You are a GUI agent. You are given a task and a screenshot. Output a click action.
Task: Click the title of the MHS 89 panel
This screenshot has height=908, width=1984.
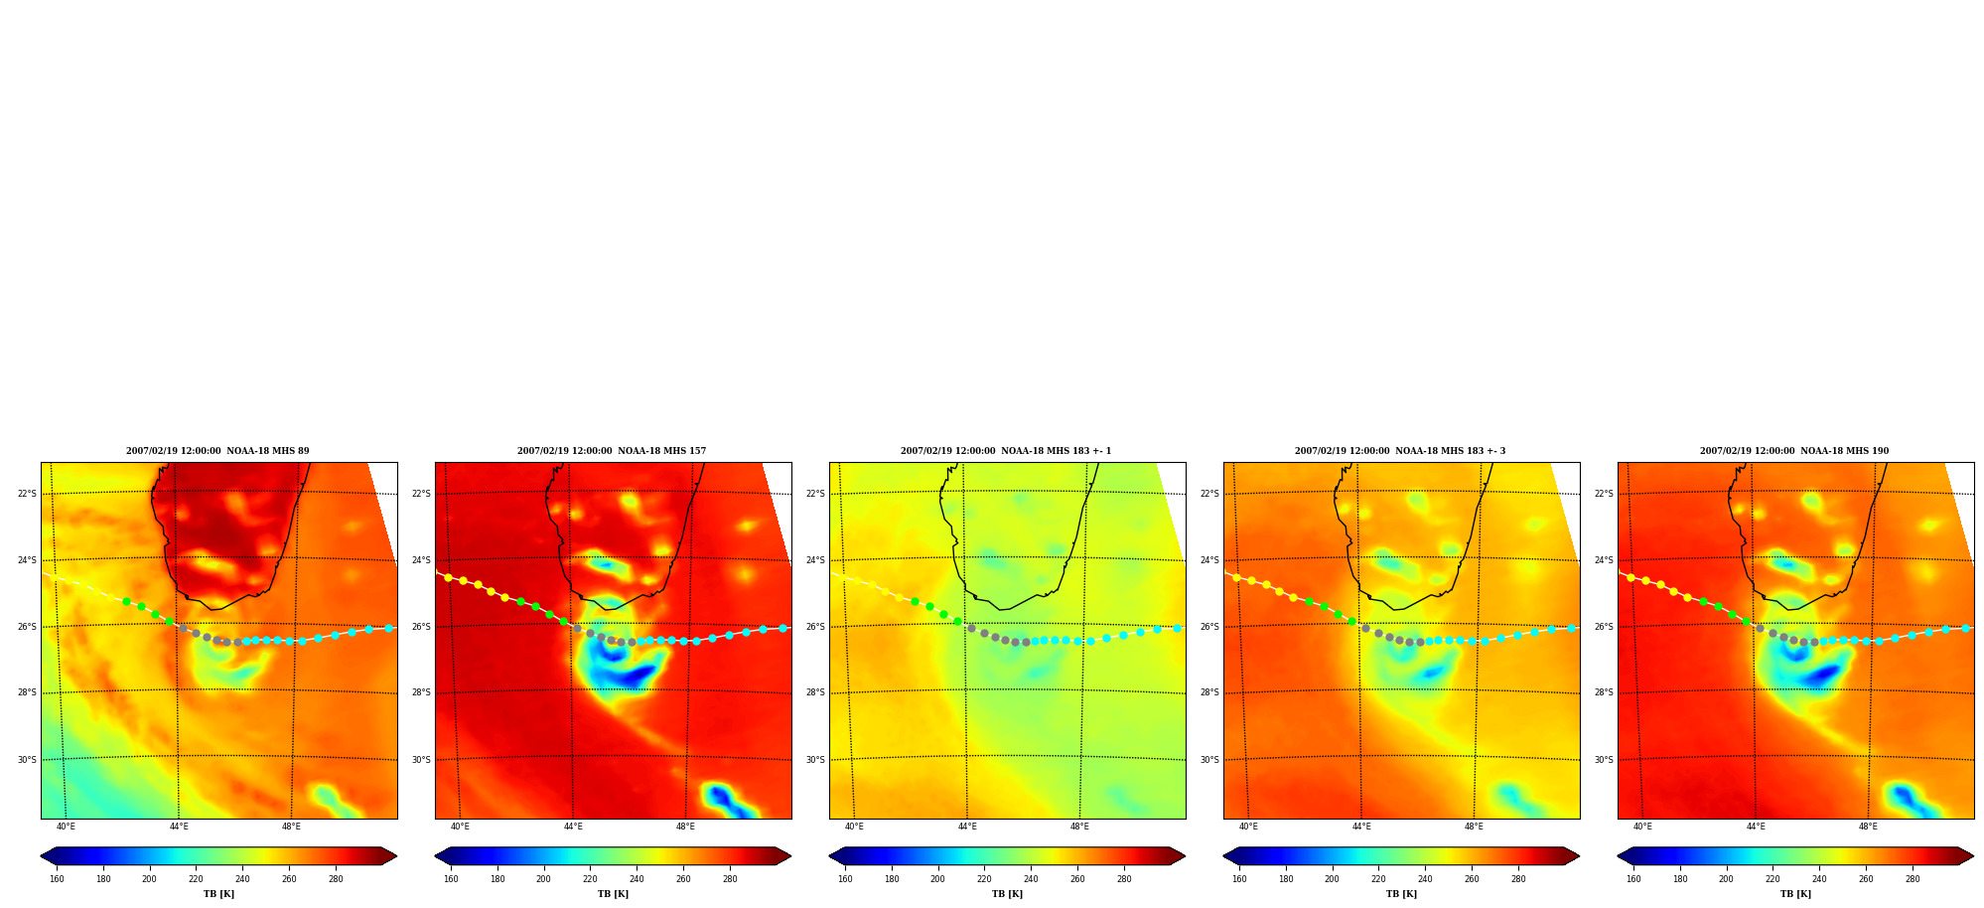[217, 451]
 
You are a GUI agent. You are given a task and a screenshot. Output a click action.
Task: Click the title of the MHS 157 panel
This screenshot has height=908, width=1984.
[612, 451]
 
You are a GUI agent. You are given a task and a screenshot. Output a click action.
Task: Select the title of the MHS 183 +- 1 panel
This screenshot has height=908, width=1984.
[1006, 451]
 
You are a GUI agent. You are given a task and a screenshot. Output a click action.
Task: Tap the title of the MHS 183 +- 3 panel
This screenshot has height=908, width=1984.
[1400, 451]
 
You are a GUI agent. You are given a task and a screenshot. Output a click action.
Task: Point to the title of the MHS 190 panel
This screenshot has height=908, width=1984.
[1794, 451]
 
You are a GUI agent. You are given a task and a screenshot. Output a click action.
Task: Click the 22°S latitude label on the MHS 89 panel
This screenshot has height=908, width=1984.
[27, 494]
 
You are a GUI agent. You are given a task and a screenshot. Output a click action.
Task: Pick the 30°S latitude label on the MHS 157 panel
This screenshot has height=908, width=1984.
[421, 760]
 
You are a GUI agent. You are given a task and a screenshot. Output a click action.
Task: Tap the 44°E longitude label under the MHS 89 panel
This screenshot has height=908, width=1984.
[178, 827]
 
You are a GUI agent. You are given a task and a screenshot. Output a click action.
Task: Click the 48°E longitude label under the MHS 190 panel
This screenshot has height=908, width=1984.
[1868, 827]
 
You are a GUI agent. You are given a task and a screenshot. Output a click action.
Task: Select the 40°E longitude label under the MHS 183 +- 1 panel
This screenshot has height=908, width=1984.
[854, 827]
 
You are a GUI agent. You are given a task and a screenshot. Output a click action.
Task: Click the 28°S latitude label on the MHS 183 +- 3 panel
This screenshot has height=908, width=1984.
[1209, 692]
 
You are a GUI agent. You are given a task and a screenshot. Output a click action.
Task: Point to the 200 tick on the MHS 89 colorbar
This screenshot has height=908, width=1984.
[149, 879]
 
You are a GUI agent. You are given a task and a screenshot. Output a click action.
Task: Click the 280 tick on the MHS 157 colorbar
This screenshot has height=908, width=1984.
[730, 879]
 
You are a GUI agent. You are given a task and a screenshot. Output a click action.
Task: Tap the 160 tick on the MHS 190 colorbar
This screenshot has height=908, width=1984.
[1633, 879]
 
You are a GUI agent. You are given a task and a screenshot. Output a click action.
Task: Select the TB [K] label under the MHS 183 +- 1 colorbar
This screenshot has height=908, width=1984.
[1007, 894]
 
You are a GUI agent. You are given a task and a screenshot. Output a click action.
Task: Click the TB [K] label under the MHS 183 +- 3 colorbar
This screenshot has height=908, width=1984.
[1401, 894]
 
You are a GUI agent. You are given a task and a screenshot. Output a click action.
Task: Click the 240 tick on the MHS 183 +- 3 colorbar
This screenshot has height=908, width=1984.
[1425, 879]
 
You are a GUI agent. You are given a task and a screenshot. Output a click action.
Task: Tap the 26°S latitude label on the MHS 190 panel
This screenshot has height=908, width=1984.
[1604, 627]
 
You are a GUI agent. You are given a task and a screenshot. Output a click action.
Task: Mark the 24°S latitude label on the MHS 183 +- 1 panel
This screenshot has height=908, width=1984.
[815, 560]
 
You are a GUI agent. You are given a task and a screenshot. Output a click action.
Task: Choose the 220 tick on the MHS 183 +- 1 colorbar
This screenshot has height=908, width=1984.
[984, 879]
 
